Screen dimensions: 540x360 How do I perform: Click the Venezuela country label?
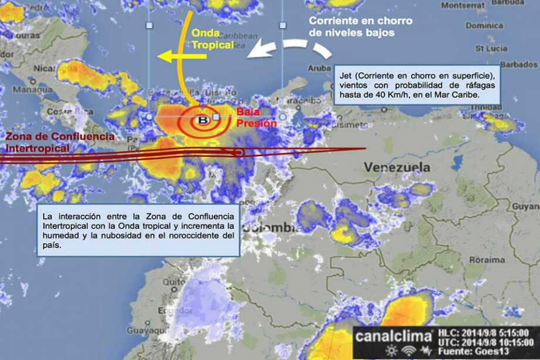click(x=396, y=167)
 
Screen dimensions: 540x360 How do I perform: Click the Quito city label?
click(x=171, y=282)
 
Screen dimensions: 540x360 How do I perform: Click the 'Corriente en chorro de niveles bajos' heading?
click(x=361, y=26)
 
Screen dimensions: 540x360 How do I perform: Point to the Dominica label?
click(x=484, y=26)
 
